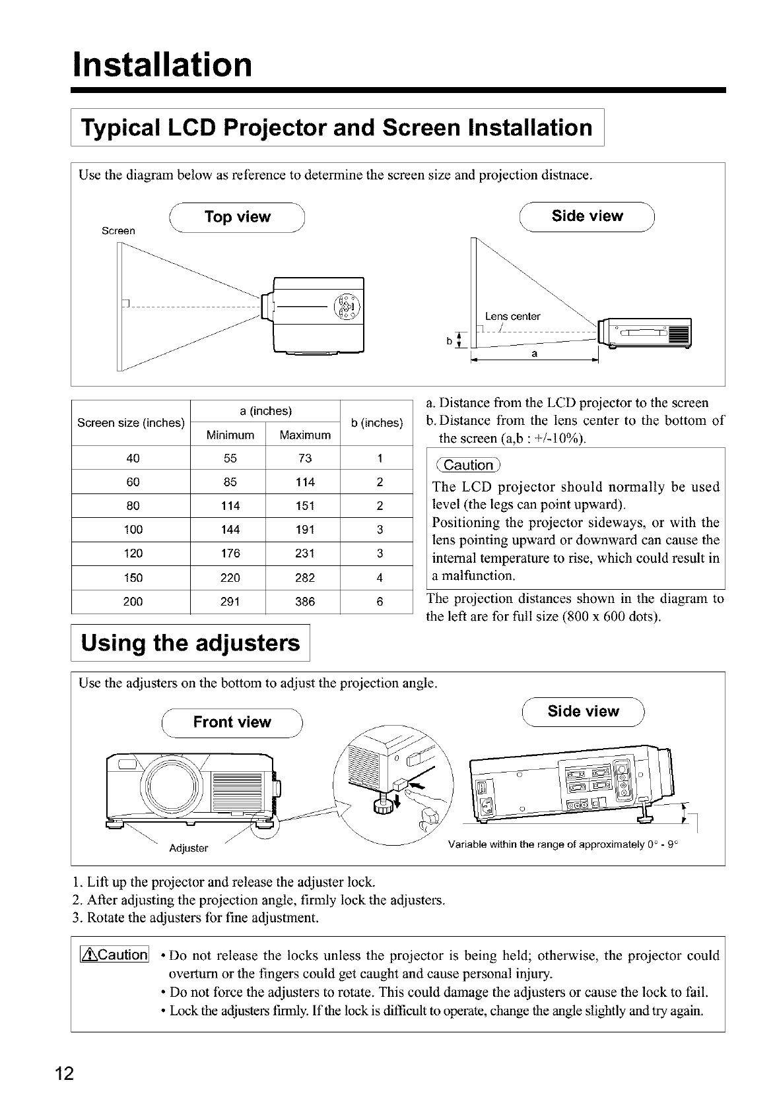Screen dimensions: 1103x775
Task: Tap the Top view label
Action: [x=238, y=217]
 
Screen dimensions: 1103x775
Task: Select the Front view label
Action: [x=232, y=722]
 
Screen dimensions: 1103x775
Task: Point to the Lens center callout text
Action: [x=512, y=317]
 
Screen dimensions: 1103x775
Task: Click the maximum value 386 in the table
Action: [x=304, y=602]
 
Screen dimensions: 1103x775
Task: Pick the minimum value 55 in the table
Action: [x=230, y=458]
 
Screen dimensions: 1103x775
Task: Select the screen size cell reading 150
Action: [x=133, y=578]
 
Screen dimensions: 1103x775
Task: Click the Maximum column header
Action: [x=304, y=435]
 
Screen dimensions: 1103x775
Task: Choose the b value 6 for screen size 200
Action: [x=380, y=602]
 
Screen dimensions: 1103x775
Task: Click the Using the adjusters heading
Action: [x=190, y=643]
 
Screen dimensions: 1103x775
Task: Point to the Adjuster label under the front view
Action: [x=189, y=848]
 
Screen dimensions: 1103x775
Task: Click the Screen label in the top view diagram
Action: [x=119, y=231]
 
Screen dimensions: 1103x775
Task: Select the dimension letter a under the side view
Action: [x=535, y=354]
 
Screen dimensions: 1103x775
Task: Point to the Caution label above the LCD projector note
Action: [x=469, y=465]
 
